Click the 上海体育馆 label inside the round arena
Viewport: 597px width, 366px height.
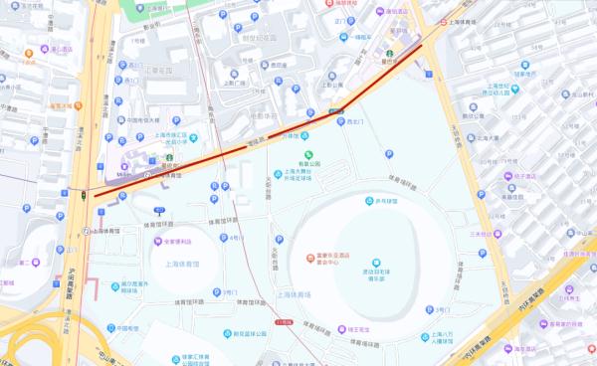pos(180,264)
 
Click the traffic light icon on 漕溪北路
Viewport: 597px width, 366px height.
pos(81,196)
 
